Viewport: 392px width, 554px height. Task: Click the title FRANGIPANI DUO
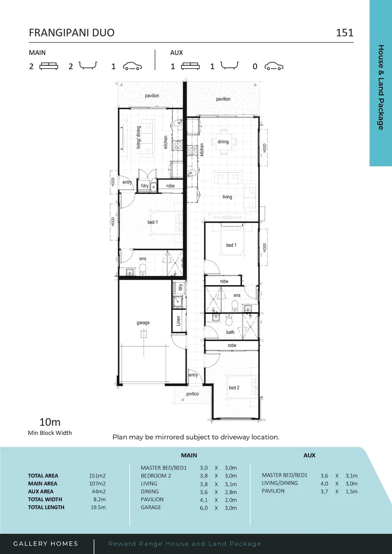tap(71, 33)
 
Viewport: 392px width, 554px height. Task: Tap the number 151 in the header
tap(344, 33)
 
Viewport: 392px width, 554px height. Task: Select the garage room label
tap(143, 323)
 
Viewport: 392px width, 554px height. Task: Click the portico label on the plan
tap(192, 394)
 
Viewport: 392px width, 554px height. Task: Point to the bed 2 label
tap(234, 388)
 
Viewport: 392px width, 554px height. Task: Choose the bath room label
tap(230, 332)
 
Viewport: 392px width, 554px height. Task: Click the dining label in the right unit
tap(223, 142)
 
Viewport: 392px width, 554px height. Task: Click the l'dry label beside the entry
tap(145, 186)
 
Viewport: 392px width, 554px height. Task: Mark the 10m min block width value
tap(50, 422)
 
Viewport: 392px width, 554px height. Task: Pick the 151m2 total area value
tap(97, 476)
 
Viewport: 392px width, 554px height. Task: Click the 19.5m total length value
tap(97, 507)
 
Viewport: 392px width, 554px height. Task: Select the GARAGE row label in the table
tap(151, 507)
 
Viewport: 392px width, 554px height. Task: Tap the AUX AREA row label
tap(41, 491)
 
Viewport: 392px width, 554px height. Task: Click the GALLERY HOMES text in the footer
tap(46, 544)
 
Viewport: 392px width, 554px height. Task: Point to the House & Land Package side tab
tap(381, 87)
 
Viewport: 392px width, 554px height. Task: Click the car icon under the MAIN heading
tap(132, 66)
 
